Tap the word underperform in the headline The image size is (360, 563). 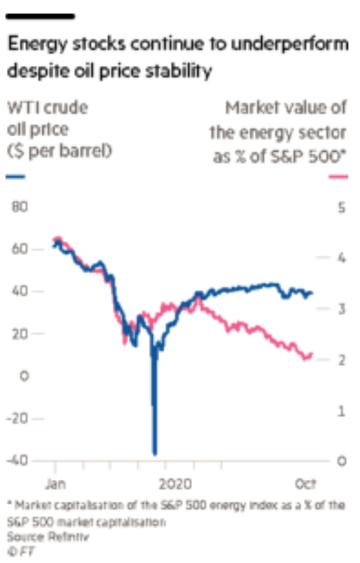(290, 45)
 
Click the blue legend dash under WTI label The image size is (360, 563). (16, 177)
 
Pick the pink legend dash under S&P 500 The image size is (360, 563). (338, 177)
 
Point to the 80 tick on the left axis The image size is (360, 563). (20, 207)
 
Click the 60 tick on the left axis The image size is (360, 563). (20, 249)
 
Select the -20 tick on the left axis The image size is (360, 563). (17, 418)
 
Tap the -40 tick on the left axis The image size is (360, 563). (17, 460)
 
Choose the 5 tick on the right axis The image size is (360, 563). (342, 208)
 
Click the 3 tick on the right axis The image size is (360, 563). (342, 309)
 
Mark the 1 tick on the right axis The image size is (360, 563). (342, 410)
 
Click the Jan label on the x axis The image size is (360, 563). (55, 484)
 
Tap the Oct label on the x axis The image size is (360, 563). (305, 484)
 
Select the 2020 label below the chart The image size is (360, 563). (175, 484)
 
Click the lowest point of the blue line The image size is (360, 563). (155, 454)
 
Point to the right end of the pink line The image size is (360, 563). (311, 355)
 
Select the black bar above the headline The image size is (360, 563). (41, 16)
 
